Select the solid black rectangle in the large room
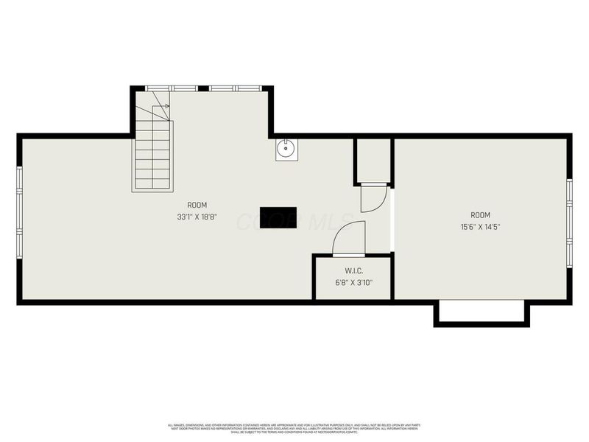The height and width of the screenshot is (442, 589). pyautogui.click(x=278, y=217)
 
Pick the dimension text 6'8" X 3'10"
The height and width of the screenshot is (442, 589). pyautogui.click(x=353, y=282)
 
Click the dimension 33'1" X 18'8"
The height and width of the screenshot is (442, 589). pyautogui.click(x=197, y=217)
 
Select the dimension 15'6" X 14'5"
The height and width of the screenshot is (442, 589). pyautogui.click(x=481, y=227)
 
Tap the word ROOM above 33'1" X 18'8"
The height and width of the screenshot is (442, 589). pyautogui.click(x=197, y=205)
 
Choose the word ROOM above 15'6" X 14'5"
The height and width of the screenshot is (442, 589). pyautogui.click(x=481, y=215)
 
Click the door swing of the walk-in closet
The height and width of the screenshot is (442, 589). pyautogui.click(x=348, y=238)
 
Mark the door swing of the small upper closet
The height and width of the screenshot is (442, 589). pyautogui.click(x=373, y=198)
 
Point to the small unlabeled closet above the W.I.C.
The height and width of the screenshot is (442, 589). pyautogui.click(x=373, y=160)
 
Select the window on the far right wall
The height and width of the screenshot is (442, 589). pyautogui.click(x=569, y=221)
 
